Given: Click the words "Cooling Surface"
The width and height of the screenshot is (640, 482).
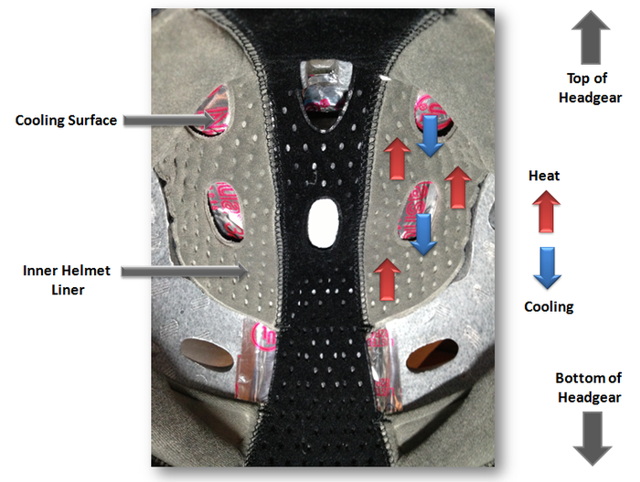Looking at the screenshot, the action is [x=66, y=120].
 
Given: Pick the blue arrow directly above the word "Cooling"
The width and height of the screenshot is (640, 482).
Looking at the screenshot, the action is [x=547, y=267].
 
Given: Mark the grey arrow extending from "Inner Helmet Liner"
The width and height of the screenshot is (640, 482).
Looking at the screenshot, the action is [x=184, y=271].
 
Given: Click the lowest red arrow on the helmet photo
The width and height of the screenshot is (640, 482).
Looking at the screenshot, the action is [x=387, y=279].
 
